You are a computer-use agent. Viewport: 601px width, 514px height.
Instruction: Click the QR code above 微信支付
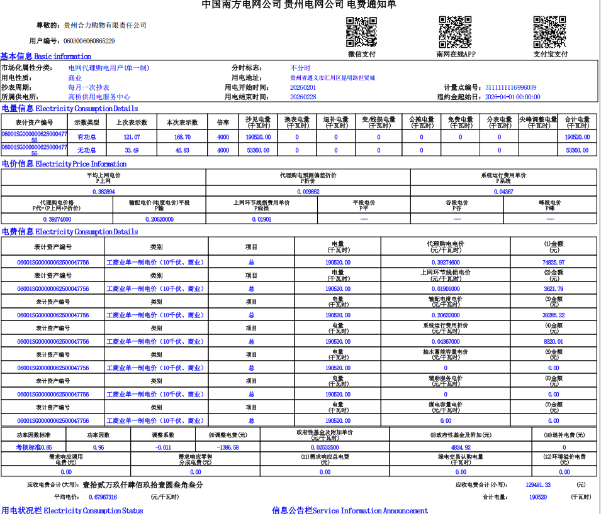click(361, 32)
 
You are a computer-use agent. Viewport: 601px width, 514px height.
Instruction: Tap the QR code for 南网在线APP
click(455, 32)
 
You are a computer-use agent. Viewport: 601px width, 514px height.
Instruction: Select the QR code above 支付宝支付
click(549, 32)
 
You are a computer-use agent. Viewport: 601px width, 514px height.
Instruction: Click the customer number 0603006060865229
click(89, 41)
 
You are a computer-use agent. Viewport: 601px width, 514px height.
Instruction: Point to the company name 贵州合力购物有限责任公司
click(105, 25)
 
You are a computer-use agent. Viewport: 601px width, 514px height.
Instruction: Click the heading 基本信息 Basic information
click(45, 57)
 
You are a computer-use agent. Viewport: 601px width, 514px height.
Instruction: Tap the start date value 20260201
click(303, 87)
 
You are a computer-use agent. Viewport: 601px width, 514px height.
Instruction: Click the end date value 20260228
click(303, 97)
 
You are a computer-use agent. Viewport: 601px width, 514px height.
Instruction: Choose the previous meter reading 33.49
click(132, 150)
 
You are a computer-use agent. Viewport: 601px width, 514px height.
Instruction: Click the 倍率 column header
click(223, 122)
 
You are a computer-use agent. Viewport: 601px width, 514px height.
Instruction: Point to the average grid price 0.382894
click(103, 192)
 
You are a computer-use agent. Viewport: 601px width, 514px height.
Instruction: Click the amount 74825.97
click(553, 263)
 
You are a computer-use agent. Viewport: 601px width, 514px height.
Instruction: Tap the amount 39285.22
click(553, 315)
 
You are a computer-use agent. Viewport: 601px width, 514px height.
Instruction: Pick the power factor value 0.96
click(98, 447)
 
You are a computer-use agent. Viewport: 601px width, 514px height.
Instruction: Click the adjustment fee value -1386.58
click(227, 447)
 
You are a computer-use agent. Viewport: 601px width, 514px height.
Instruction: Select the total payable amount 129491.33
click(538, 484)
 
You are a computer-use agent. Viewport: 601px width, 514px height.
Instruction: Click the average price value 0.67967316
click(103, 497)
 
